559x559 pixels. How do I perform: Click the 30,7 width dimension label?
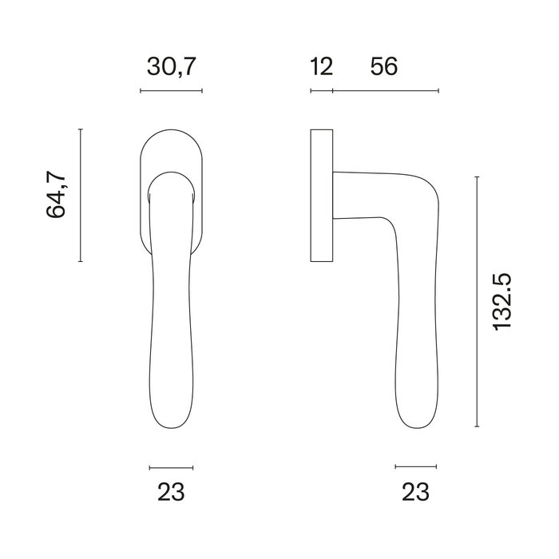click(x=171, y=67)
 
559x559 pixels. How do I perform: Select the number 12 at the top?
click(x=321, y=67)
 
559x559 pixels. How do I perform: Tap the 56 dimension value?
click(x=384, y=67)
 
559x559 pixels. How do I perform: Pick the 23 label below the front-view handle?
click(x=171, y=493)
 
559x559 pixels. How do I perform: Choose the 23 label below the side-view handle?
click(x=415, y=493)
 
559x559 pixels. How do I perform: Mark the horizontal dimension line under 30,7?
click(x=171, y=91)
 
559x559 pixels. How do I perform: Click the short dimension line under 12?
click(x=321, y=91)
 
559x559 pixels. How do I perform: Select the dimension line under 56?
click(x=385, y=91)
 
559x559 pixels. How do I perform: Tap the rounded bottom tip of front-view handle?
click(x=171, y=432)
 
